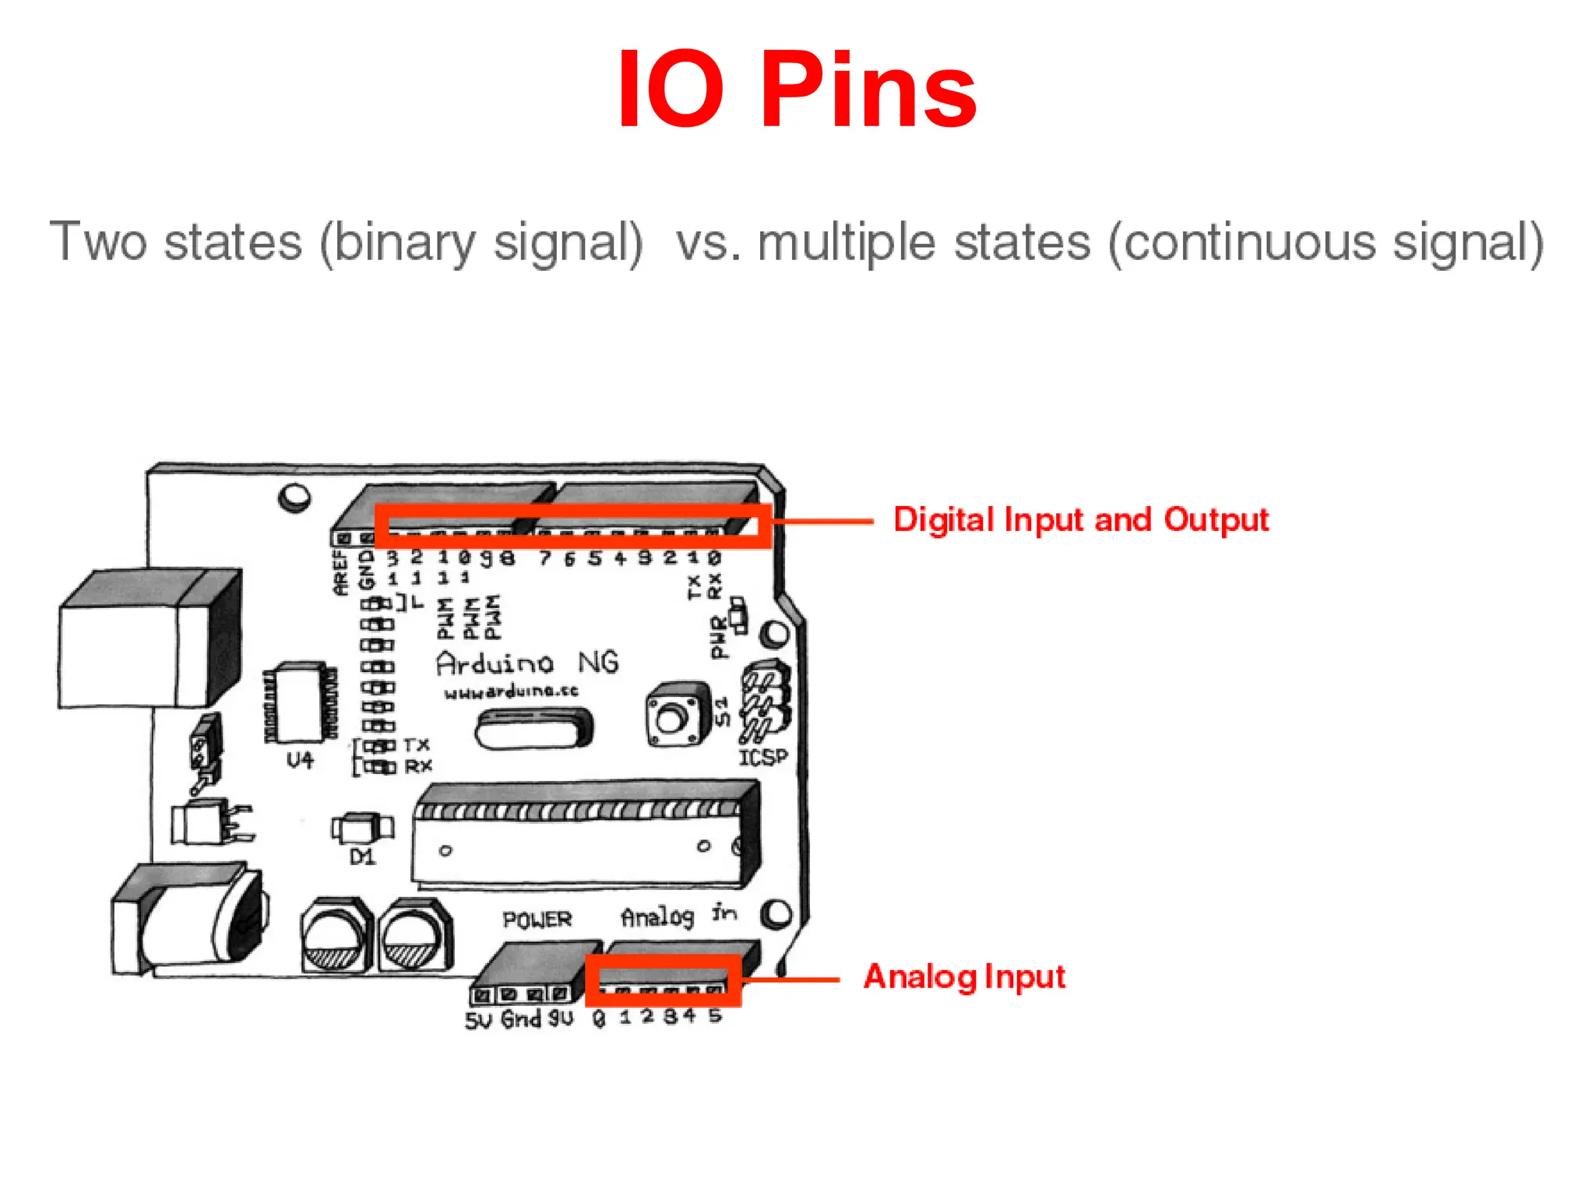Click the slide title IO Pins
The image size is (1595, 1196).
[x=796, y=90]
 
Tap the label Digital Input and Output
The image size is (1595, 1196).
[x=1081, y=520]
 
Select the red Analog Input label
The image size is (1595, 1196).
[x=964, y=976]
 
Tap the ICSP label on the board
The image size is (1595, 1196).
[x=762, y=758]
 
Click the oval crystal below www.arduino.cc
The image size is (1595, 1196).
[x=533, y=730]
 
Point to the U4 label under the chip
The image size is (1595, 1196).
[x=300, y=760]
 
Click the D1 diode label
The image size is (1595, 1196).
[x=362, y=857]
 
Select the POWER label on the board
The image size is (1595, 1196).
[x=537, y=920]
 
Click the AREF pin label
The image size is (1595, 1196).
[x=340, y=573]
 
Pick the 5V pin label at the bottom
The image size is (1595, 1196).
[x=478, y=1020]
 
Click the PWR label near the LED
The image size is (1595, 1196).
[x=719, y=636]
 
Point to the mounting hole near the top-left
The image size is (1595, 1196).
[x=295, y=497]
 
